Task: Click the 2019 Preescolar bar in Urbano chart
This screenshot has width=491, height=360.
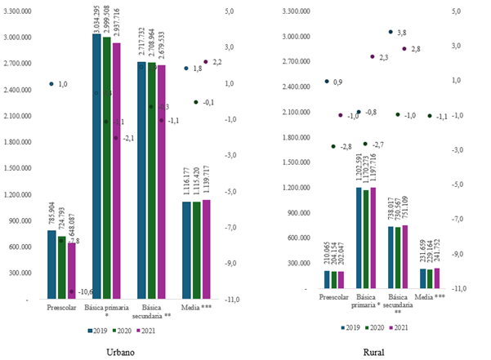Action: click(52, 265)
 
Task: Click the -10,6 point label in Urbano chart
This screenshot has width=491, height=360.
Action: click(85, 291)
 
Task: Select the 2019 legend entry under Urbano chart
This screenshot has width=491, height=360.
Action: click(97, 331)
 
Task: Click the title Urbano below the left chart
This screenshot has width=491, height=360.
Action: click(122, 352)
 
